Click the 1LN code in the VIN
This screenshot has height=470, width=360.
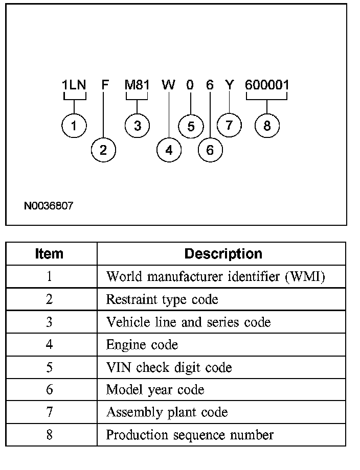(x=74, y=85)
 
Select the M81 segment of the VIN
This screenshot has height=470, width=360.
(x=137, y=85)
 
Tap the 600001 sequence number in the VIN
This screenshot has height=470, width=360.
(x=267, y=85)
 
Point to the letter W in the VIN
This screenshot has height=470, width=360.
(x=168, y=85)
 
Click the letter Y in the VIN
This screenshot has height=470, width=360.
(x=230, y=85)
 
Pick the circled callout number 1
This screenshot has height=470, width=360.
(x=74, y=126)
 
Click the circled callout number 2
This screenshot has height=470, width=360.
(x=104, y=150)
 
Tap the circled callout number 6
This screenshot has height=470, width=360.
(x=210, y=150)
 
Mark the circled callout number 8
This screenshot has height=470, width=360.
(x=267, y=126)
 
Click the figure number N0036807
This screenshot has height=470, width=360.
(x=49, y=206)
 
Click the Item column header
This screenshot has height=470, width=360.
(x=50, y=254)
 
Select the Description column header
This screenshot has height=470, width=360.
(x=223, y=254)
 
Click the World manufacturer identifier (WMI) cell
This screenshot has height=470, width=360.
(x=215, y=277)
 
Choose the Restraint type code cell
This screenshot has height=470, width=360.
(x=162, y=299)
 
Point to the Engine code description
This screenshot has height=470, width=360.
(x=142, y=345)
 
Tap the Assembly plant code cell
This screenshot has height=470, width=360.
(x=167, y=412)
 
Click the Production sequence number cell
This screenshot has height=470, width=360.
(x=189, y=435)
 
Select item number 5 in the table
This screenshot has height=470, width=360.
(x=50, y=367)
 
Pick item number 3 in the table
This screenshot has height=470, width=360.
(x=50, y=322)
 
